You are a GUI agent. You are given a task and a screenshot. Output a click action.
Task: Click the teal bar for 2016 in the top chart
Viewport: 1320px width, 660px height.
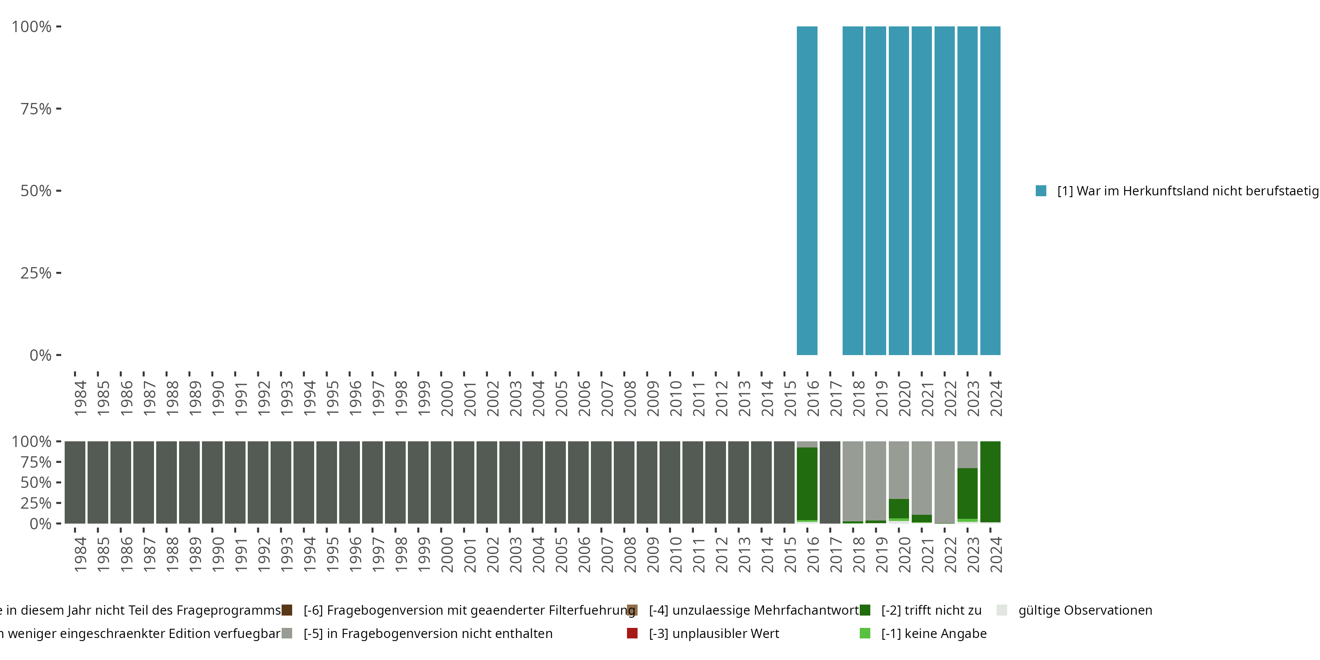click(x=807, y=191)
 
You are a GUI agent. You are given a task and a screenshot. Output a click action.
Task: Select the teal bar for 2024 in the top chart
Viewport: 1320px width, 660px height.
click(x=990, y=191)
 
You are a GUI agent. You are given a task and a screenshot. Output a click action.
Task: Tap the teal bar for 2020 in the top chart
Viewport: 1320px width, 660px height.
click(x=898, y=191)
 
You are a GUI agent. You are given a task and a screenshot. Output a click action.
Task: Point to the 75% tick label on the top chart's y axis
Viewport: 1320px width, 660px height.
click(x=36, y=109)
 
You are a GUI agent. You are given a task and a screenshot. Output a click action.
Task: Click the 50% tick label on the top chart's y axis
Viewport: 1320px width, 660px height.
click(x=36, y=191)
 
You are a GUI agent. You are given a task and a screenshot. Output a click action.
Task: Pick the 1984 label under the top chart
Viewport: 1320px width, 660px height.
click(x=81, y=398)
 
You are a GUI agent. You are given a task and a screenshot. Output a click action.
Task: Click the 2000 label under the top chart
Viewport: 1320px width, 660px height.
click(x=447, y=398)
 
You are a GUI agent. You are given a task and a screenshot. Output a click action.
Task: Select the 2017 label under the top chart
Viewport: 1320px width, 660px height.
click(x=836, y=398)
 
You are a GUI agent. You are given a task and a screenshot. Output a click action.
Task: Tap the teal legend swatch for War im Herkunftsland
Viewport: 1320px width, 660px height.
click(x=1041, y=191)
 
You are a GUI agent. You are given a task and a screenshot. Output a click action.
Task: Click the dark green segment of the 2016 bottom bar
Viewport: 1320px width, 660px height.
click(x=807, y=484)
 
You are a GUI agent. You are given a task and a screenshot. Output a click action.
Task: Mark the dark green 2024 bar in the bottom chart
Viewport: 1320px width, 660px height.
click(x=990, y=482)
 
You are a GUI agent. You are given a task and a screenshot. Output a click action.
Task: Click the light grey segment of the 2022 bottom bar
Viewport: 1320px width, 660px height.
click(x=944, y=482)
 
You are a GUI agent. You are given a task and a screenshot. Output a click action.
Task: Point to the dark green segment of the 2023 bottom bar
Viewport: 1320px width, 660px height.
click(x=967, y=493)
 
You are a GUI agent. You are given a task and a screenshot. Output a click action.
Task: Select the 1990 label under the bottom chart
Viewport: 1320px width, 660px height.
click(x=218, y=554)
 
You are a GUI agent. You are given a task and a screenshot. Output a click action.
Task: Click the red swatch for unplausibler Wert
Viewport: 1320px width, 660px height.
click(x=632, y=633)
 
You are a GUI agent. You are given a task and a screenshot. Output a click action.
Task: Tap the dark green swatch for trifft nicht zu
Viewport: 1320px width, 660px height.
click(x=865, y=610)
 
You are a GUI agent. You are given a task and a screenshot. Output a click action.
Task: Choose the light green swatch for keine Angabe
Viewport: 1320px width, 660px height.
click(x=865, y=633)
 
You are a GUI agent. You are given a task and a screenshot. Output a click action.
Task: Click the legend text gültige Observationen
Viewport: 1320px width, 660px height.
click(x=1085, y=610)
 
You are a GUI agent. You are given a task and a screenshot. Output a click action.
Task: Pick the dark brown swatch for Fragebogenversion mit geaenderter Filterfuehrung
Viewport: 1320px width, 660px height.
click(x=287, y=610)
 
